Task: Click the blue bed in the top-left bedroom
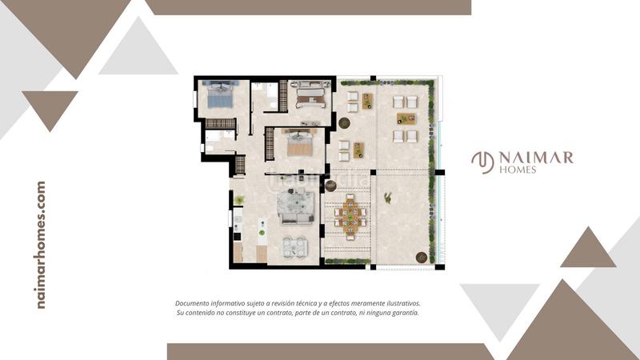[221, 94]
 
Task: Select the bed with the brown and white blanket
[310, 95]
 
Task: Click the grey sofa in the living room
[296, 208]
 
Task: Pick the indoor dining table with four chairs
[295, 247]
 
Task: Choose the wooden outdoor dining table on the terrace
[350, 217]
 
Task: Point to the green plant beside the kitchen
[239, 200]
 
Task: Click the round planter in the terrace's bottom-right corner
[422, 258]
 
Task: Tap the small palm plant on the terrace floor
[388, 198]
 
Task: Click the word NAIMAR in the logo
[536, 158]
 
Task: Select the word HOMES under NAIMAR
[518, 170]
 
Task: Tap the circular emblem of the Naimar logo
[483, 162]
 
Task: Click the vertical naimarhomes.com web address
[41, 245]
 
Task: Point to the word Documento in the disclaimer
[193, 303]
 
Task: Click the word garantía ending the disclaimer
[406, 313]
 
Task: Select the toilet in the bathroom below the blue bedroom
[208, 148]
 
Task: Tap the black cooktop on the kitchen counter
[237, 236]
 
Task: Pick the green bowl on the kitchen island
[262, 233]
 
